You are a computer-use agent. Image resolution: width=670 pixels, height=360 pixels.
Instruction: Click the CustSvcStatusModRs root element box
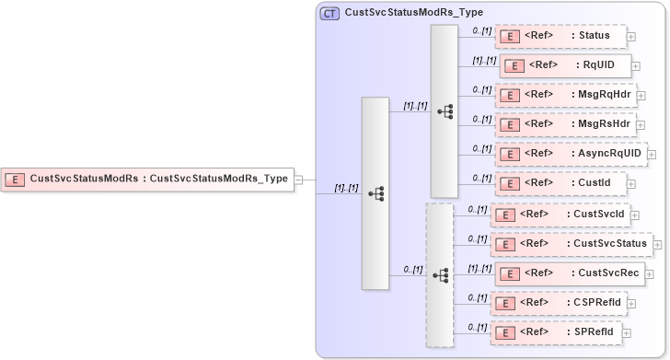pyautogui.click(x=147, y=179)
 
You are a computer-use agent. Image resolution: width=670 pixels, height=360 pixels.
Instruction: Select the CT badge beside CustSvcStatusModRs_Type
pyautogui.click(x=329, y=14)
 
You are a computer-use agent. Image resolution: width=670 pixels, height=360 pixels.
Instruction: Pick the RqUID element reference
pyautogui.click(x=564, y=66)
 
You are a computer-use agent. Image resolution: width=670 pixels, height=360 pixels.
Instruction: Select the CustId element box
pyautogui.click(x=560, y=182)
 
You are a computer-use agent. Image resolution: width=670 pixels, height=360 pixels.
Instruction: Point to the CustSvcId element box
pyautogui.click(x=559, y=215)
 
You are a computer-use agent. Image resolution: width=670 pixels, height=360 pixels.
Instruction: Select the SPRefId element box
pyautogui.click(x=557, y=331)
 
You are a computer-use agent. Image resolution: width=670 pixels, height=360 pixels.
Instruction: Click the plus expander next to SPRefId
pyautogui.click(x=628, y=332)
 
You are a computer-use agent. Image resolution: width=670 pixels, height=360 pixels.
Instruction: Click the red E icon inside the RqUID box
pyautogui.click(x=514, y=66)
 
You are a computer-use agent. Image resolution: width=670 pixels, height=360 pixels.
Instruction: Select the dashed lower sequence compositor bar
pyautogui.click(x=441, y=274)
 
